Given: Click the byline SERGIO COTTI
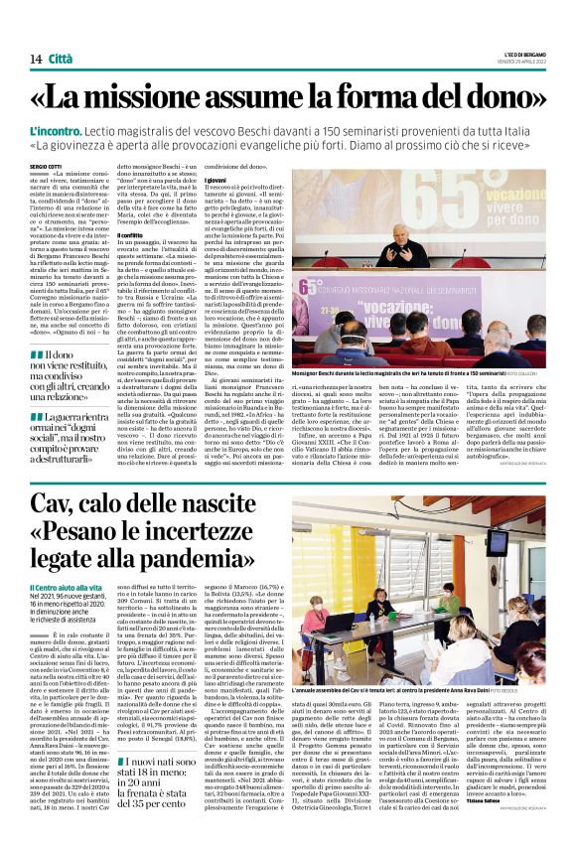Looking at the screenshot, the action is click(46, 168).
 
